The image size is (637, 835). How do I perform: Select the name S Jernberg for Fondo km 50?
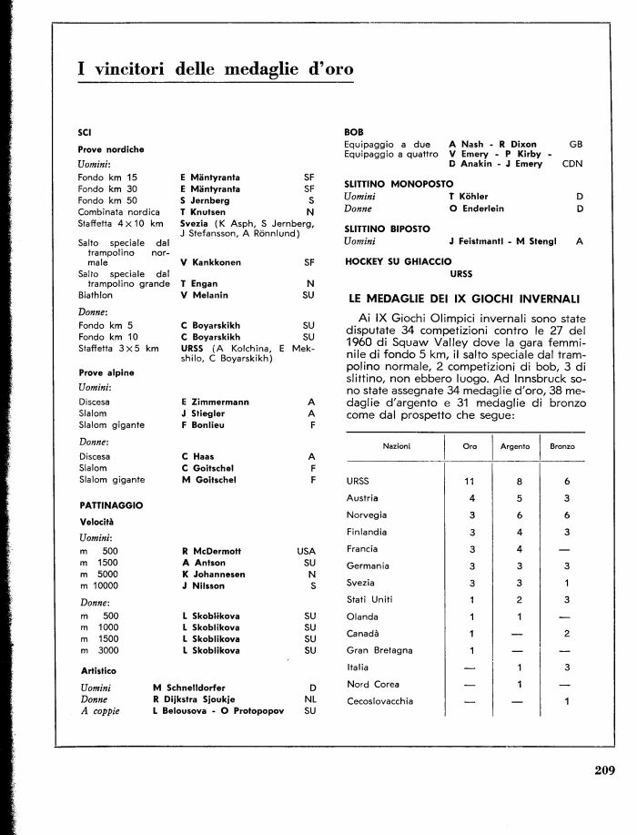[206, 199]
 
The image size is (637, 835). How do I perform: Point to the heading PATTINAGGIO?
[111, 504]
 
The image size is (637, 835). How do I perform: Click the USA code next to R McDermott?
[305, 551]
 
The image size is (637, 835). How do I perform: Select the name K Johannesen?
[215, 575]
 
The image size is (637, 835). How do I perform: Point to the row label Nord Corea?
[370, 684]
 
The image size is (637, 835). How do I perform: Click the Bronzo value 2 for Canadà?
[566, 633]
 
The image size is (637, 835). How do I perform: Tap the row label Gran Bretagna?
[379, 650]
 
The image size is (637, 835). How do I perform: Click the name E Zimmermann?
[217, 402]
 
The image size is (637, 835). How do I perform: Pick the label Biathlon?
[96, 295]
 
